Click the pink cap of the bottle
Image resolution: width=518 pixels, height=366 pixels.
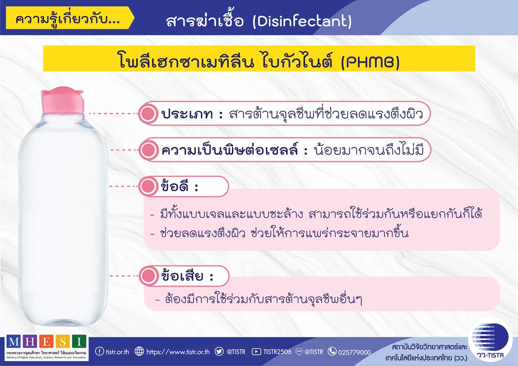(62, 100)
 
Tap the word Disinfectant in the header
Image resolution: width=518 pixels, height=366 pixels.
(302, 22)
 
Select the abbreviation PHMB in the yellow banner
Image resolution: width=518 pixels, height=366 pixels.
(370, 61)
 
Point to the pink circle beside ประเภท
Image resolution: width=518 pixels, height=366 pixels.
(147, 114)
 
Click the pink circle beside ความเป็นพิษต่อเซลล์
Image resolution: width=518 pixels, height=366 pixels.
(147, 150)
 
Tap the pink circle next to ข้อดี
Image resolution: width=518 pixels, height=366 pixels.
(147, 187)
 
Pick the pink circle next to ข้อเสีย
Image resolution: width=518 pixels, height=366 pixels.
(148, 276)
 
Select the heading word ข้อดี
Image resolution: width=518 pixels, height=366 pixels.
(175, 186)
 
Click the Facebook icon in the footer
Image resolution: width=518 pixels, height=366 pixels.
(99, 351)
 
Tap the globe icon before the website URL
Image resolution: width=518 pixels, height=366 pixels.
(139, 351)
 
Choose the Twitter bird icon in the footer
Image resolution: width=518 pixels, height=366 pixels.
(219, 351)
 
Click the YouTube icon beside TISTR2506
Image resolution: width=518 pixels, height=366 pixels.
(256, 352)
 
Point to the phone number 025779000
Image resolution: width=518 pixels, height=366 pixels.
(355, 352)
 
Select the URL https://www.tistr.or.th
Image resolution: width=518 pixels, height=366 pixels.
(178, 352)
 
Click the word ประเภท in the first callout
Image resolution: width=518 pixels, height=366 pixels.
(187, 114)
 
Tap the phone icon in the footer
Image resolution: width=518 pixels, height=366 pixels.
(332, 351)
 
